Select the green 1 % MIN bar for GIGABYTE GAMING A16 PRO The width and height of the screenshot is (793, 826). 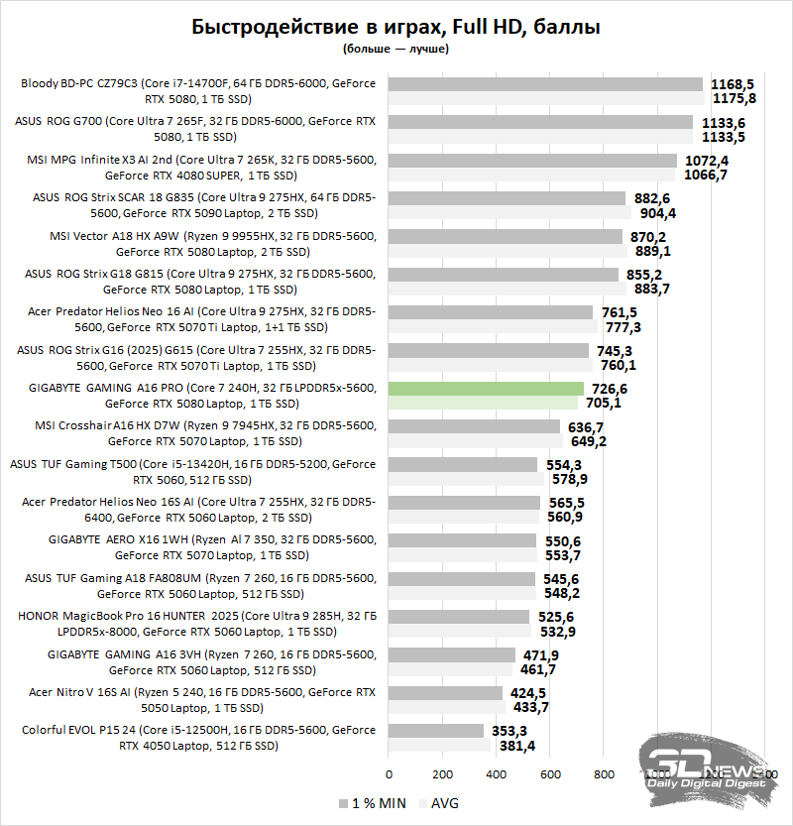486,389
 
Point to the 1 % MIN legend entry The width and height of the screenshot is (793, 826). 369,802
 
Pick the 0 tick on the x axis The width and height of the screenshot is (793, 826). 389,773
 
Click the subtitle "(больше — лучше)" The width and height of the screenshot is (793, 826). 396,48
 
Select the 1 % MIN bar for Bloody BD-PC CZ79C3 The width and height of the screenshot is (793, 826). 545,84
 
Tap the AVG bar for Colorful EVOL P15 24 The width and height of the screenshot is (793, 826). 439,745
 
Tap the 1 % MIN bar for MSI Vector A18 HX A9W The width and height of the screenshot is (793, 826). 506,236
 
